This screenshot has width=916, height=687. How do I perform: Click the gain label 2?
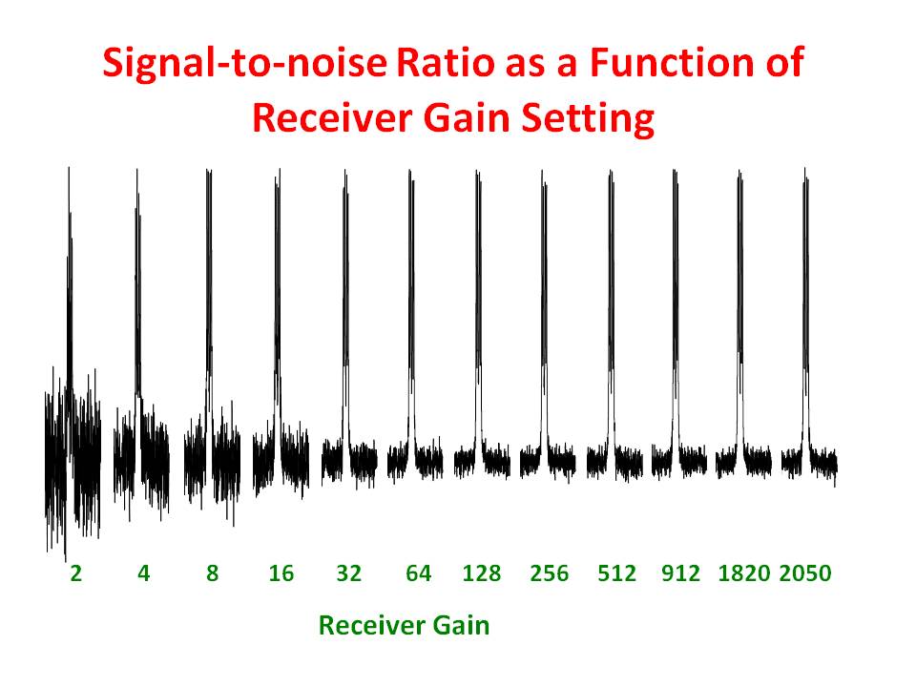[x=75, y=573]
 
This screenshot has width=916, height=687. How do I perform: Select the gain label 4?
[x=143, y=573]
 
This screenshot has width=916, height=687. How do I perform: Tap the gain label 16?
[x=281, y=573]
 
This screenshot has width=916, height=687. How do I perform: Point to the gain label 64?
[x=418, y=573]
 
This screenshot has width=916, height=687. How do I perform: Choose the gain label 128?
[x=482, y=573]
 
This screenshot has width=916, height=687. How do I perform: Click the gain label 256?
[x=549, y=573]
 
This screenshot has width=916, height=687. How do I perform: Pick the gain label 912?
[x=681, y=573]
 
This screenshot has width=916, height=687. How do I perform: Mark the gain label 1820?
[x=743, y=573]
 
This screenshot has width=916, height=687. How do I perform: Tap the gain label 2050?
[x=805, y=573]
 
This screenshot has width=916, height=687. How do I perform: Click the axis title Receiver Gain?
[x=404, y=626]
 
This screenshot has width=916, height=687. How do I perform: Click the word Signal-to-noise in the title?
[x=244, y=64]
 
